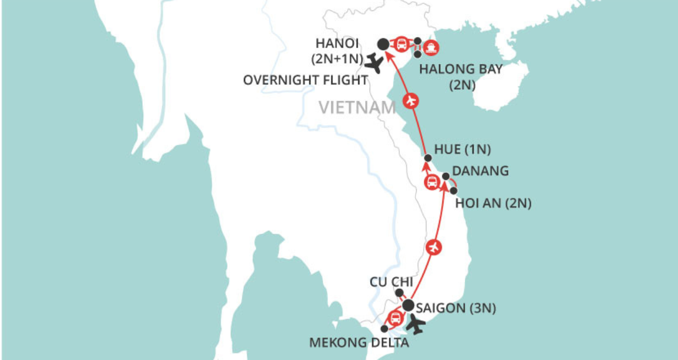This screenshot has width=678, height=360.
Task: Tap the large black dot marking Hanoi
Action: [x=383, y=44]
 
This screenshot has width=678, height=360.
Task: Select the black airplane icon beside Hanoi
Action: [x=375, y=63]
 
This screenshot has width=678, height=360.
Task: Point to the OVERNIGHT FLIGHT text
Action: [x=306, y=80]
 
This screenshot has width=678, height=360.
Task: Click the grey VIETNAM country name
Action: [x=358, y=108]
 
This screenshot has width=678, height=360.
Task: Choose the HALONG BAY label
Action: [x=461, y=69]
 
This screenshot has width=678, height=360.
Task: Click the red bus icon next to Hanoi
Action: [x=401, y=44]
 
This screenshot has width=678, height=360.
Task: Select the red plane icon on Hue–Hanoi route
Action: [x=412, y=101]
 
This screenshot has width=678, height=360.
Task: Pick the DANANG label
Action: [x=481, y=171]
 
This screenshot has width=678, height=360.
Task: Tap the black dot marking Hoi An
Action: [x=453, y=190]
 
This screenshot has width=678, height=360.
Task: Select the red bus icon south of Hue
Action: [x=431, y=182]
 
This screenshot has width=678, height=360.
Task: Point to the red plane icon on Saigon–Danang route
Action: [x=435, y=247]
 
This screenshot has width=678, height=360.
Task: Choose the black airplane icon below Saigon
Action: [x=417, y=324]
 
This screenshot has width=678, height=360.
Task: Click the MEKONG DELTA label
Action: [x=359, y=344]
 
